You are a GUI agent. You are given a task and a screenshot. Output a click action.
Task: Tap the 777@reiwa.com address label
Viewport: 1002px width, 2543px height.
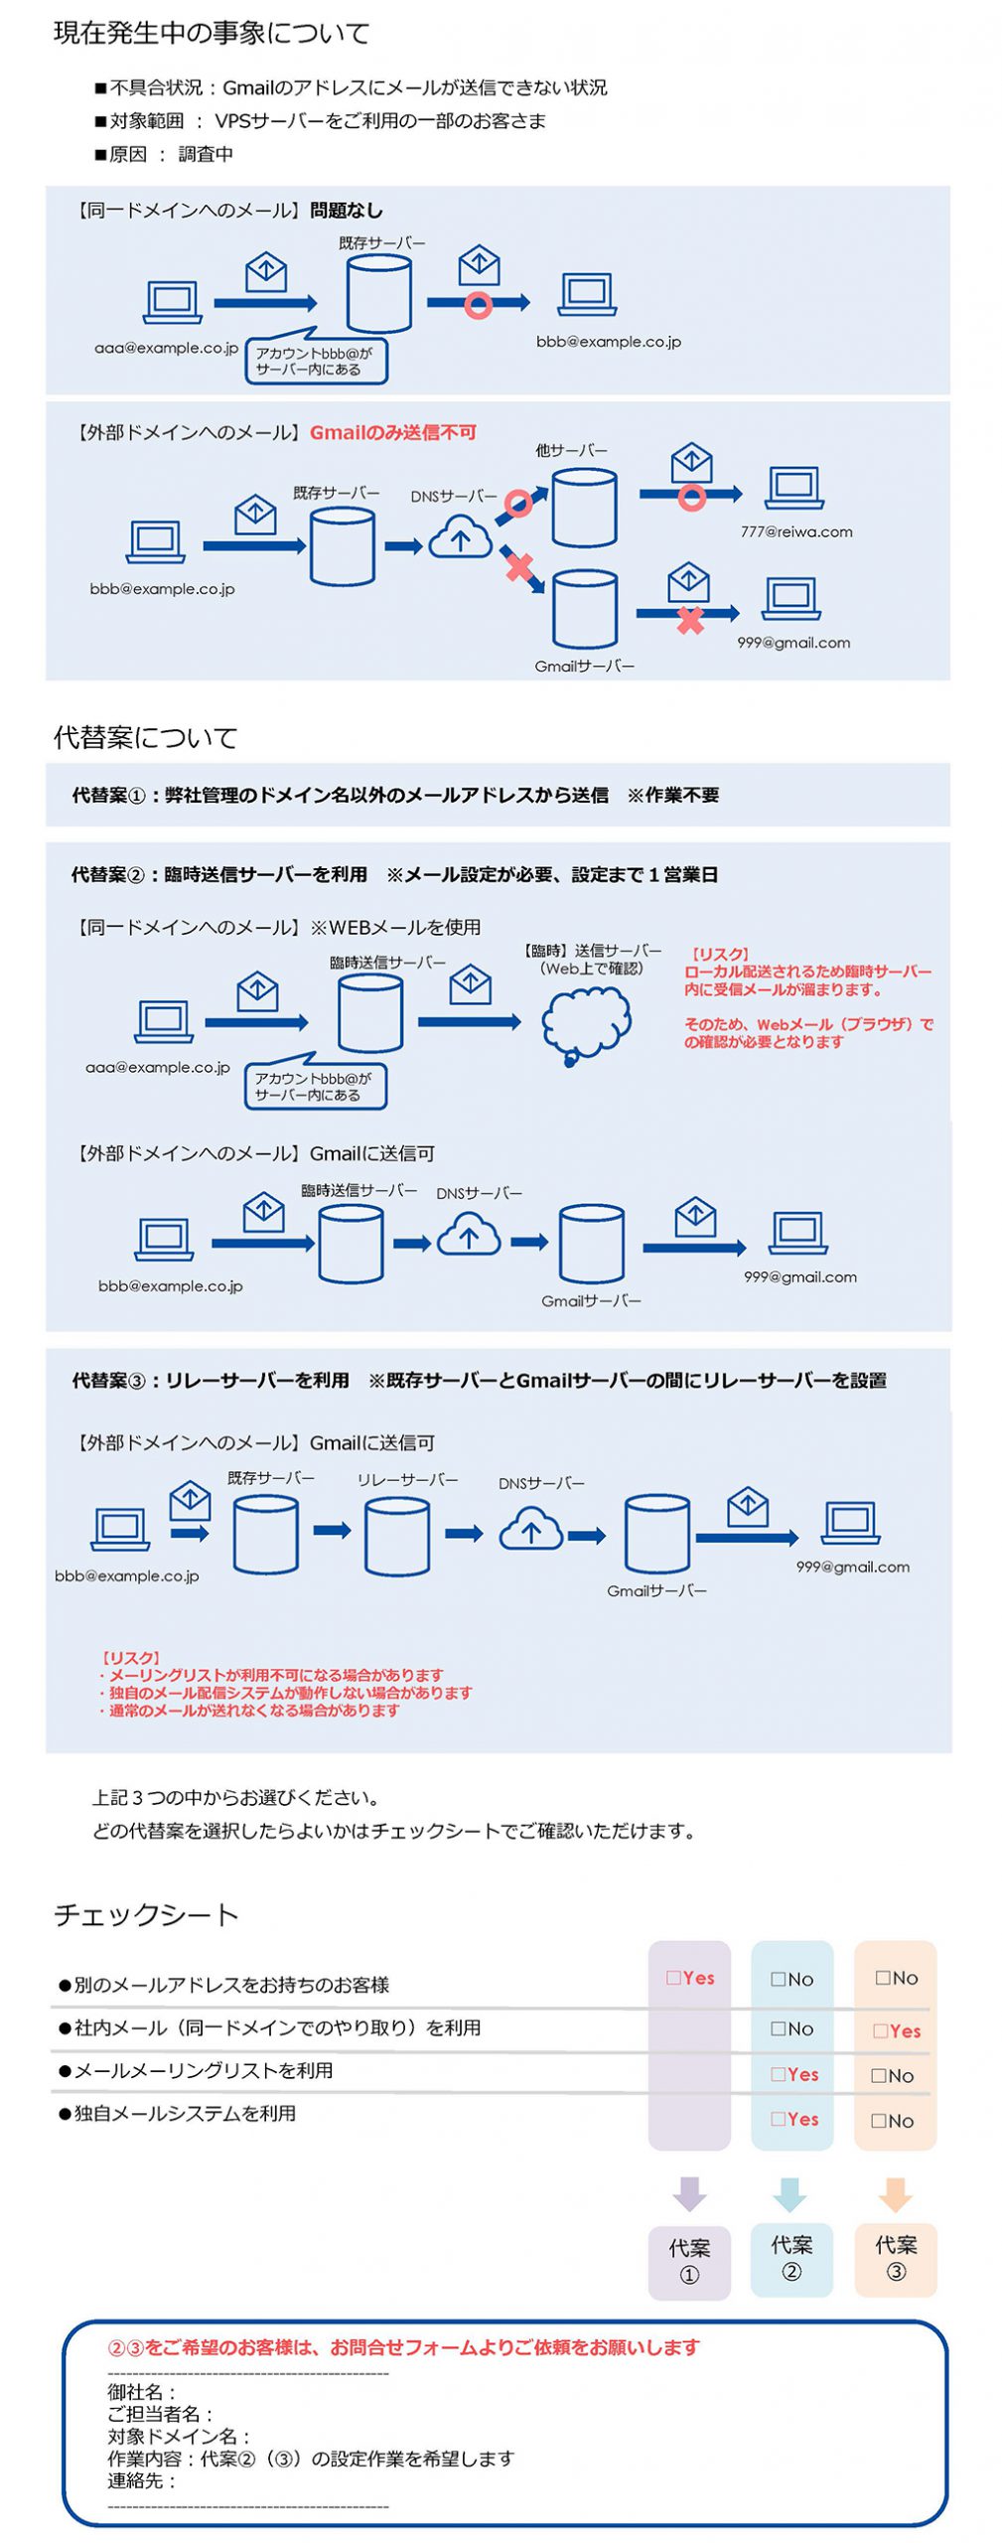click(795, 531)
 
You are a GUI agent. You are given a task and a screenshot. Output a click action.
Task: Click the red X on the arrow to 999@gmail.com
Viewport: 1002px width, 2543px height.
click(689, 621)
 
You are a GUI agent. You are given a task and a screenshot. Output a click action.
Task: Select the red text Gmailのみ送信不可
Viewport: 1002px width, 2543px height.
click(392, 432)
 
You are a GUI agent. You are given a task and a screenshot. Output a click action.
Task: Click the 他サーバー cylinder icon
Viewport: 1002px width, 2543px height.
click(584, 508)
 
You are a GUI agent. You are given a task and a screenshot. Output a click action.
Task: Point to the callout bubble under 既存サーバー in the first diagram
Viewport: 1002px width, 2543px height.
click(316, 361)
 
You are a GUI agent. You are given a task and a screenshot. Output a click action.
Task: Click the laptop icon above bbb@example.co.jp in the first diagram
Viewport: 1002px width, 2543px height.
click(587, 294)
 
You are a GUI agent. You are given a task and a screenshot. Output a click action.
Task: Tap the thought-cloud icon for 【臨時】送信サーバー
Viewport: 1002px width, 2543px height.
click(586, 1024)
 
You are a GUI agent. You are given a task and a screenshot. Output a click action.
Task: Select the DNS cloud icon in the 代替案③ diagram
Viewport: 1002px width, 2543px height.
click(530, 1530)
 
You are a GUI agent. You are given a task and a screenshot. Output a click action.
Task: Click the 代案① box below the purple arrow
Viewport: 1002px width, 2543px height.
click(688, 2261)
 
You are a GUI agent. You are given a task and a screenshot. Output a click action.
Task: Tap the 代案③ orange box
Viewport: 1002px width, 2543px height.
click(895, 2258)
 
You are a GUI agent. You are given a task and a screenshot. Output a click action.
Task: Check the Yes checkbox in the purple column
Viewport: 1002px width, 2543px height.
click(673, 1978)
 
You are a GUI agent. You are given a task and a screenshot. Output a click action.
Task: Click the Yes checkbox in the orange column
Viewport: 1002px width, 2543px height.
click(880, 2031)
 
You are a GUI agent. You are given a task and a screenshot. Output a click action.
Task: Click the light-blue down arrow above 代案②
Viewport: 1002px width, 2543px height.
click(790, 2194)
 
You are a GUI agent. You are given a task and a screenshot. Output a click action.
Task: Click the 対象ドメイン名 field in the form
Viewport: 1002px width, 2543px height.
click(179, 2436)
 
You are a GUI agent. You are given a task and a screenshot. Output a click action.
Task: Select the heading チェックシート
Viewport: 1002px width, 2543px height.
click(146, 1914)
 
